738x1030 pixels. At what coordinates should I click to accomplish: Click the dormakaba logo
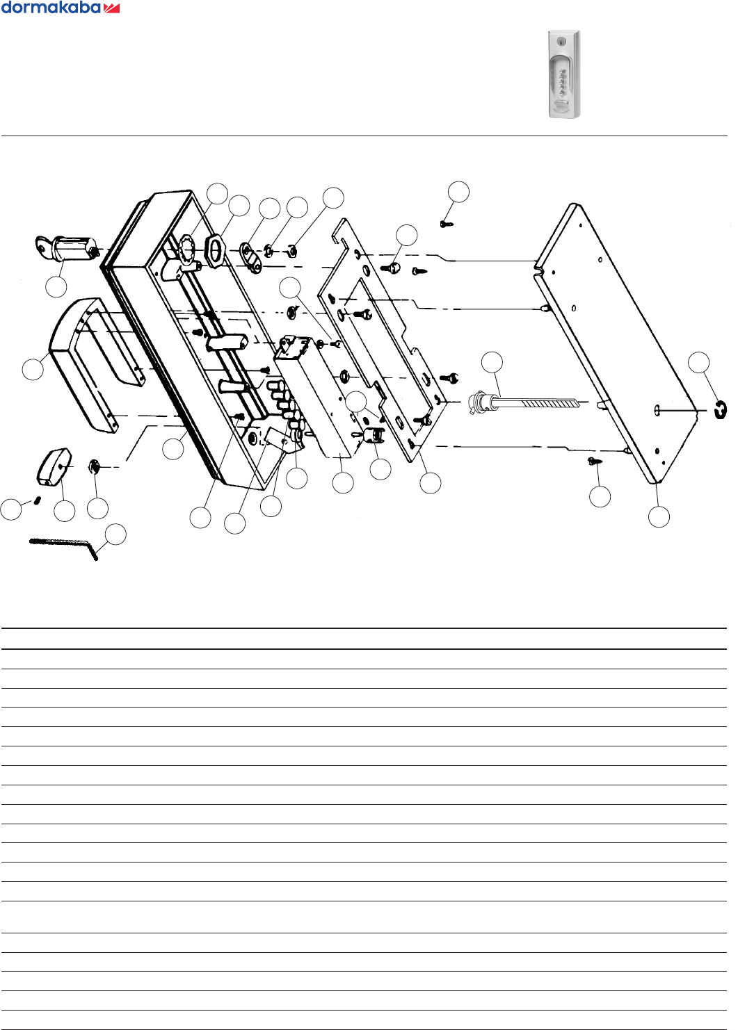tap(61, 8)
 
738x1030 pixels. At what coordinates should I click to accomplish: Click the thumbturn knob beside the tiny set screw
tap(54, 465)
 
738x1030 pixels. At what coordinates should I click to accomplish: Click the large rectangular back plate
tap(616, 341)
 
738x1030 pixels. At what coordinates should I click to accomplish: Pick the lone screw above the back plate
tap(445, 223)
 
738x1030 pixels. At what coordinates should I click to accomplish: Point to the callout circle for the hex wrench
tap(115, 534)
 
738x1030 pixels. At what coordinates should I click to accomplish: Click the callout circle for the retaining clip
tap(699, 362)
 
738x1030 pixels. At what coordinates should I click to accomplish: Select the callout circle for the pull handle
tap(33, 369)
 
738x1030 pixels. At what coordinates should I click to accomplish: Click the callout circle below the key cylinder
tap(56, 286)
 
